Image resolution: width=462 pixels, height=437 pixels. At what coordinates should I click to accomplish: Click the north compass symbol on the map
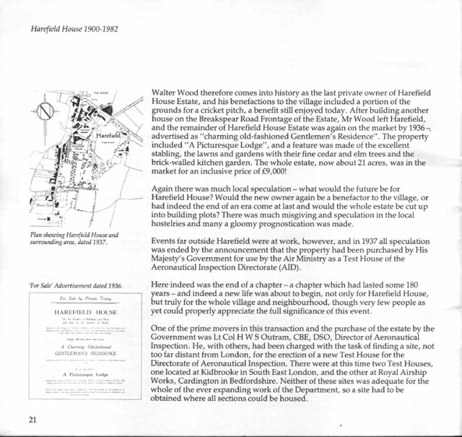pos(45,113)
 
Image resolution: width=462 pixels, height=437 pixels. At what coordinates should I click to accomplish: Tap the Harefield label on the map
pos(108,135)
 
